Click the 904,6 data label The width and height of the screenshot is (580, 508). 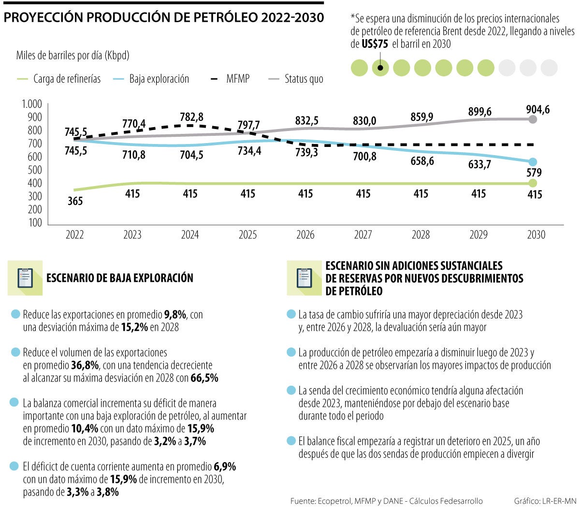tap(538, 110)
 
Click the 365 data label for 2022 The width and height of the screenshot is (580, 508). tap(75, 201)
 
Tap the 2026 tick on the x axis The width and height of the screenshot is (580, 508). tap(305, 235)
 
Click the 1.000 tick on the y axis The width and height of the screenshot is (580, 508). tap(32, 104)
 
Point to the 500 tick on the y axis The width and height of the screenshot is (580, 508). tap(34, 170)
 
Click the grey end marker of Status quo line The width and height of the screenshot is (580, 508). tap(533, 119)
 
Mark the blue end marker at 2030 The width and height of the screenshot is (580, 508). tap(533, 162)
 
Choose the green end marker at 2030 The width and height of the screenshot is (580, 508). tap(533, 183)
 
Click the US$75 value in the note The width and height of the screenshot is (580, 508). tap(375, 44)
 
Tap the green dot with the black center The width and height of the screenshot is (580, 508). tap(380, 68)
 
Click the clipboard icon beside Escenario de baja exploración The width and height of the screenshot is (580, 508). tap(25, 278)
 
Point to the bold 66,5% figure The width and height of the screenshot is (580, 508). tap(204, 378)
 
